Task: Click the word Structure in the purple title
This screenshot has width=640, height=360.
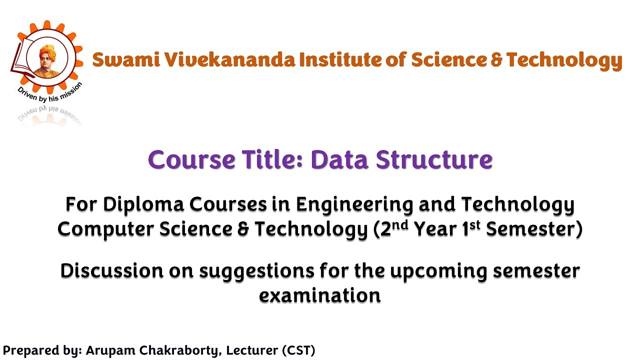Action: pos(434,159)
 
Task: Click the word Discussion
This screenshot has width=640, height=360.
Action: pos(112,271)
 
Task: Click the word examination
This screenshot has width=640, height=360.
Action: pos(320,295)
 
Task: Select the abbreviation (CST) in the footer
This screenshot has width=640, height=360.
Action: pos(298,350)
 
